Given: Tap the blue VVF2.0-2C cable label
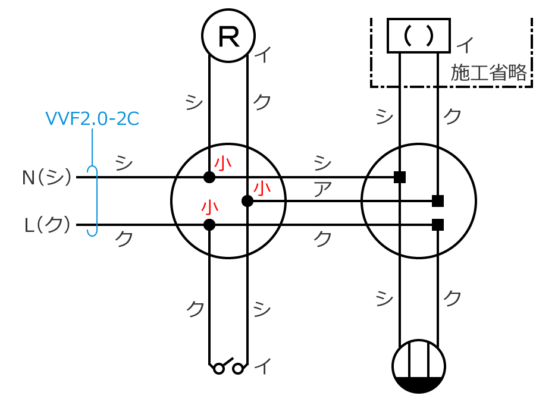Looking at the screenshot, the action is pos(92,118).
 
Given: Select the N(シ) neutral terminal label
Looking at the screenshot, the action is pos(46,177).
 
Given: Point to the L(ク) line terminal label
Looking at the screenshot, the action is pos(48,225).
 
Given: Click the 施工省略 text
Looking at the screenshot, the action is pos(488,73).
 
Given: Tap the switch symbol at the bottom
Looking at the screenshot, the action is pos(228,366).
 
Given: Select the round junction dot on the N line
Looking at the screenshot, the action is pos(209,177).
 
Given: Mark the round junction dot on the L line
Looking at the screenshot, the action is pos(209,225).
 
